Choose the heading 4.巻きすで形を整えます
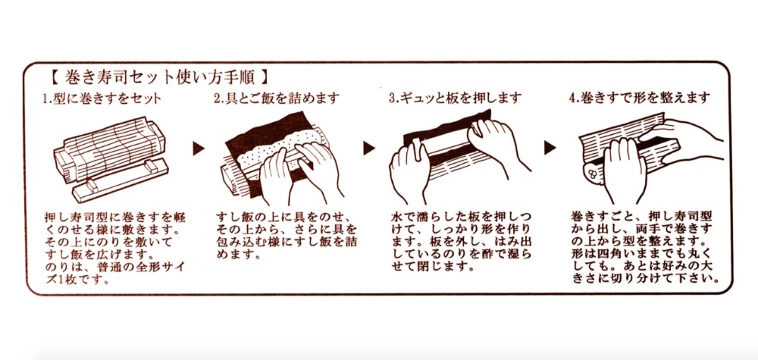[639, 99]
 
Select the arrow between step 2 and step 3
[369, 146]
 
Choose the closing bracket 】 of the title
[262, 77]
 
